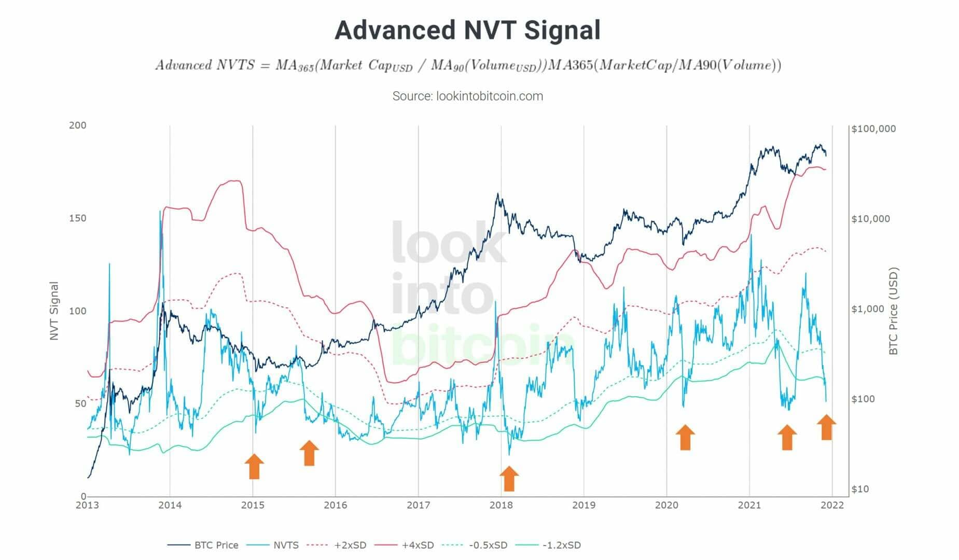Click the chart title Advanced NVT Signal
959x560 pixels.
(x=467, y=30)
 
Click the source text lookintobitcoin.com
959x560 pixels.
(x=467, y=96)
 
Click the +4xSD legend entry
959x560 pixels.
(x=418, y=545)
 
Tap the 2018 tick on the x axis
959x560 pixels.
(x=501, y=505)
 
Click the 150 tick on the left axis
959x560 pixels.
(x=77, y=218)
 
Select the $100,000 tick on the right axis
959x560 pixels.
(x=873, y=129)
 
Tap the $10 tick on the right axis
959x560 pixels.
(x=859, y=489)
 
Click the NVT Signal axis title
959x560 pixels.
(x=54, y=311)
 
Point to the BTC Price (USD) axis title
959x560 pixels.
(x=893, y=311)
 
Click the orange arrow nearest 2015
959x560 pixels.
(x=254, y=466)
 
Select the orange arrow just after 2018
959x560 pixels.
(x=509, y=478)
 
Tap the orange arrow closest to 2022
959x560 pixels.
(x=826, y=427)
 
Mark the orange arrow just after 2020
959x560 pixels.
(x=685, y=437)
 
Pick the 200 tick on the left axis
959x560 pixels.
(x=77, y=125)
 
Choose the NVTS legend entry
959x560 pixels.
(x=286, y=545)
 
